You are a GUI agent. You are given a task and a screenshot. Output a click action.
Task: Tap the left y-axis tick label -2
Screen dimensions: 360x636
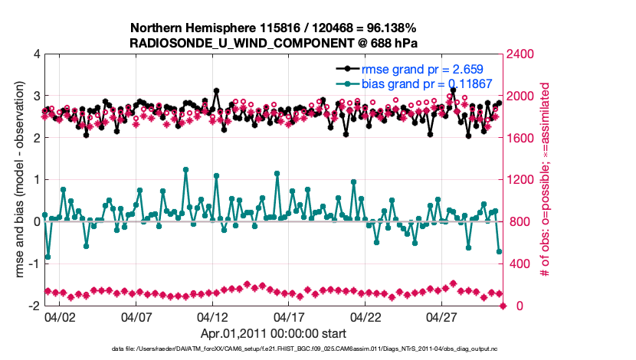pyautogui.click(x=34, y=306)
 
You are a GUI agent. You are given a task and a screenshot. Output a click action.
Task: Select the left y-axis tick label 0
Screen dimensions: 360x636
pyautogui.click(x=36, y=222)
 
